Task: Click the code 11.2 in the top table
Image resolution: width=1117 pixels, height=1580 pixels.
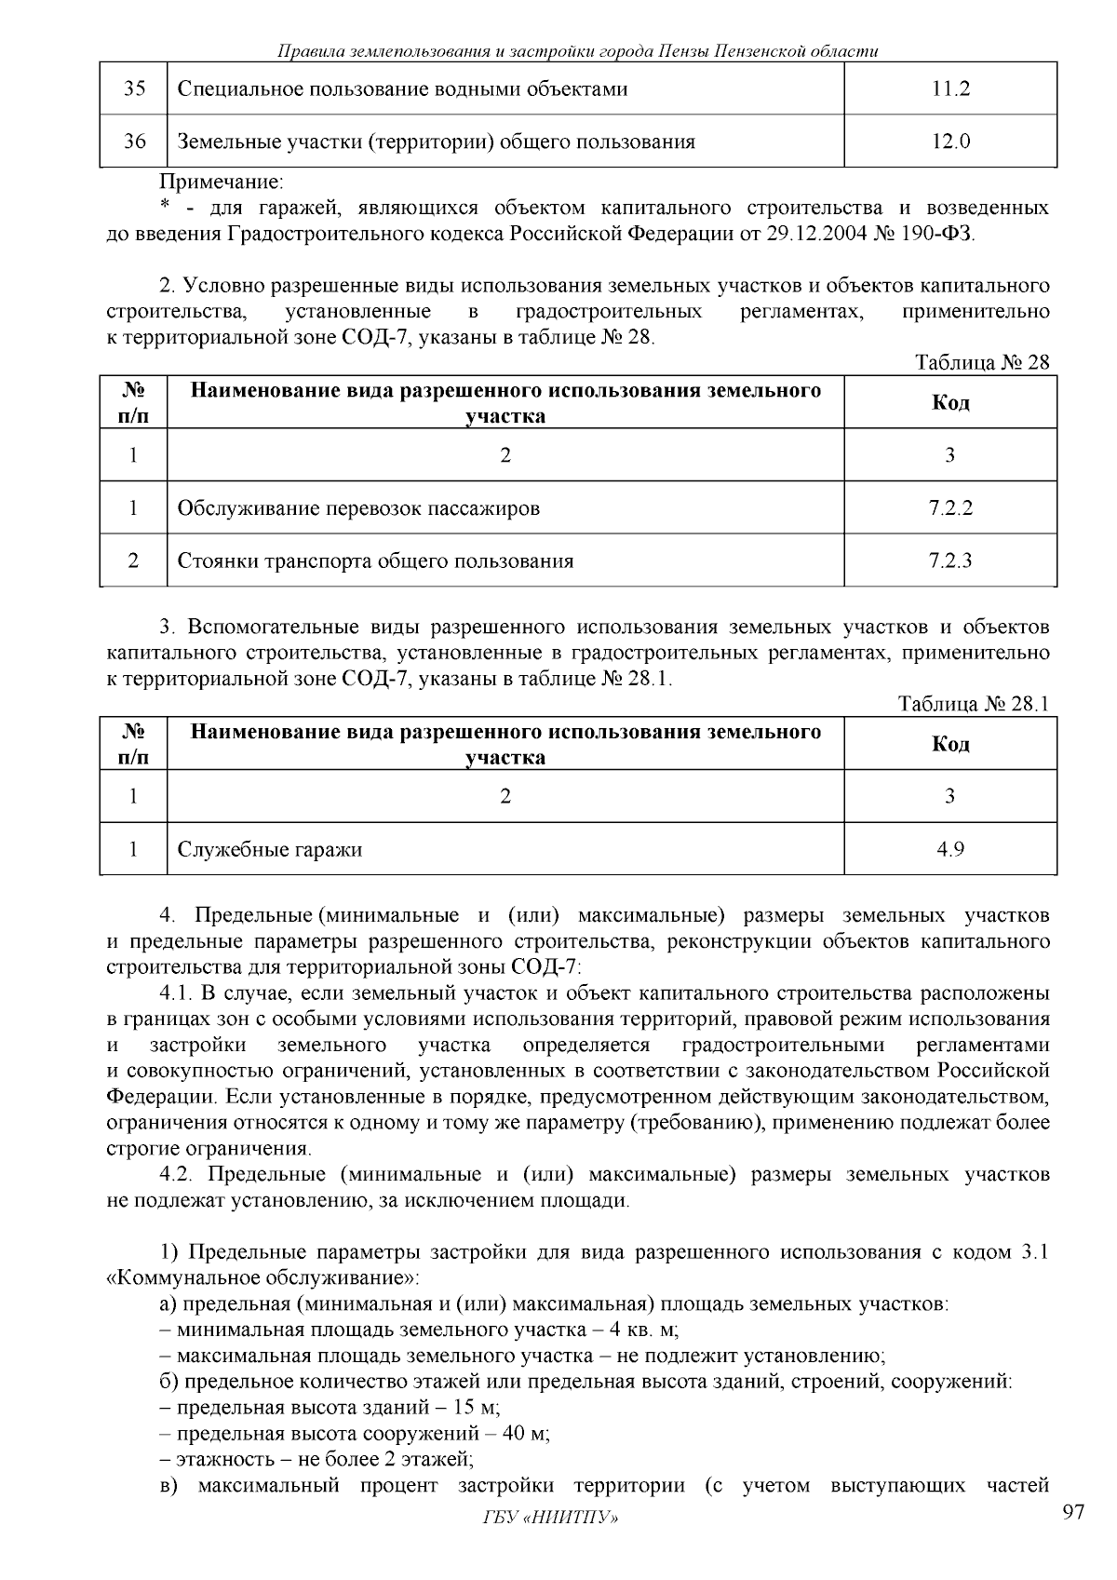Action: (x=950, y=89)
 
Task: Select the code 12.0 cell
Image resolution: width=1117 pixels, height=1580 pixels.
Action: (x=950, y=142)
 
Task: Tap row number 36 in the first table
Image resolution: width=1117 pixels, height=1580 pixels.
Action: (x=134, y=142)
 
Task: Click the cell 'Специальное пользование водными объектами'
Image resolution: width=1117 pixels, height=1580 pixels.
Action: (x=402, y=89)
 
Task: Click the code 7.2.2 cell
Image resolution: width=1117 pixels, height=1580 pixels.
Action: (x=950, y=508)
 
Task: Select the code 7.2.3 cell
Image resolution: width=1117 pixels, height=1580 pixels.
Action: (x=950, y=560)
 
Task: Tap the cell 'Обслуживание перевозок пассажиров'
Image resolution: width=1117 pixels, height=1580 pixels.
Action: (x=358, y=508)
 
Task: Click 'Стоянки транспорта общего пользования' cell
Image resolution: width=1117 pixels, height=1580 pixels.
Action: (x=375, y=560)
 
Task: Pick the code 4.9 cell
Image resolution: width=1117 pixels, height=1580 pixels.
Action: (x=950, y=849)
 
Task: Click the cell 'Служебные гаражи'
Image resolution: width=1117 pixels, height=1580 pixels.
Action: (x=270, y=849)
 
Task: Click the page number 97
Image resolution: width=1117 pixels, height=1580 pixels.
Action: (x=1073, y=1512)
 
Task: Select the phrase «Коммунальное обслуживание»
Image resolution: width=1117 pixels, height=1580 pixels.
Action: (x=263, y=1277)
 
